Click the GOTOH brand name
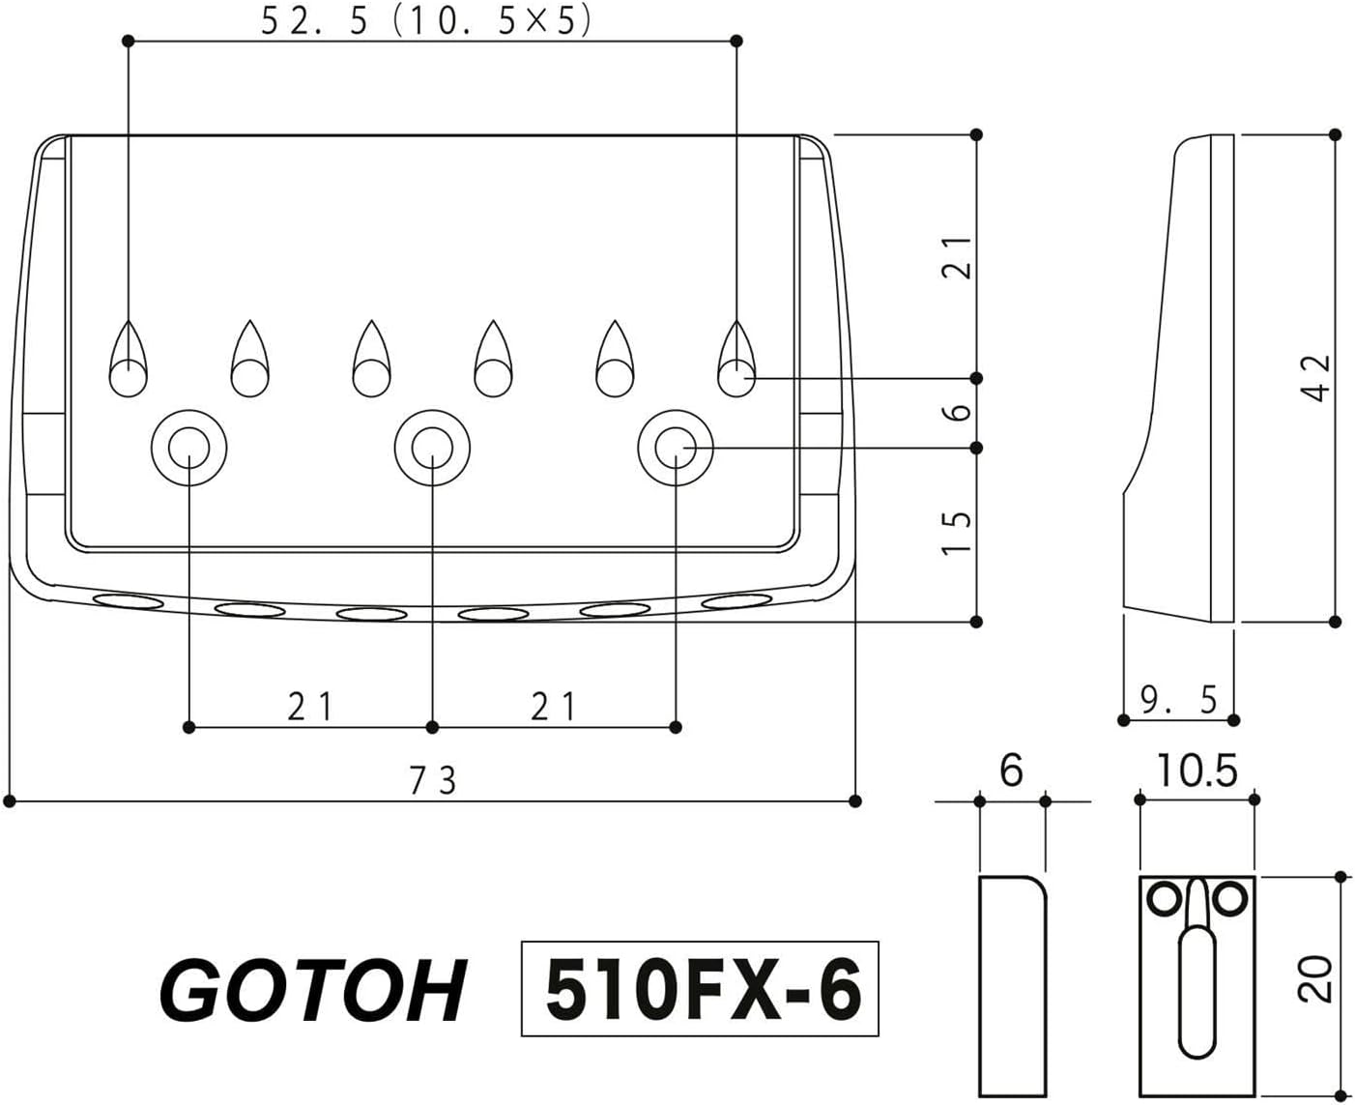click(312, 991)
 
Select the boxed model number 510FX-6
click(701, 989)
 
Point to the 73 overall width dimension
click(432, 779)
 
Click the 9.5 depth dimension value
click(1178, 699)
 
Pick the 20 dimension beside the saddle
click(1317, 978)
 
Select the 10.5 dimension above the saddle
click(1196, 771)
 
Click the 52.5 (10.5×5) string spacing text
click(425, 21)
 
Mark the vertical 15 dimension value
click(956, 533)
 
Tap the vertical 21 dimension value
click(956, 257)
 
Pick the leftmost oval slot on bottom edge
click(129, 602)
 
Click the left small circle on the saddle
click(1164, 899)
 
